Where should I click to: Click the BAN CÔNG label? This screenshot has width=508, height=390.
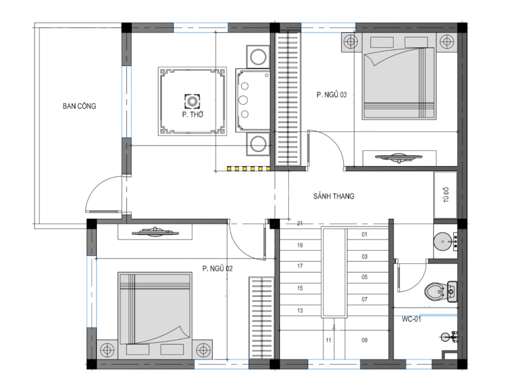coord(79,106)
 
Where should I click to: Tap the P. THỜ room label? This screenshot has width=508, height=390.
coord(192,115)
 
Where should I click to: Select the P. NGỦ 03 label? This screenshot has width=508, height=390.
coord(331,95)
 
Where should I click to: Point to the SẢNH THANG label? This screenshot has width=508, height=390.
coord(334,196)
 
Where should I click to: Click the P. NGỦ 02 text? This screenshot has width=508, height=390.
coord(217,268)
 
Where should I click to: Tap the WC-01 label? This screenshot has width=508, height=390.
coord(411,319)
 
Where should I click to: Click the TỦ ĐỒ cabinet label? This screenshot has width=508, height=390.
coord(446,195)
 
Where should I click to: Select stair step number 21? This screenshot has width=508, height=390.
coord(300,223)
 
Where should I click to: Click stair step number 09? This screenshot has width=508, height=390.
coord(365,340)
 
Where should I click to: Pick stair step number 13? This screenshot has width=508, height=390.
coord(300,310)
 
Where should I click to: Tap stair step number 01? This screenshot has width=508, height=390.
coord(365,235)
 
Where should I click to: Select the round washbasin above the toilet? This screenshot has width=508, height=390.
coord(443,241)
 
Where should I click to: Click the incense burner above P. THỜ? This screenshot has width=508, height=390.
coord(192,101)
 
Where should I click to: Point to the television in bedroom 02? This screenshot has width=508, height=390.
coord(155,232)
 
